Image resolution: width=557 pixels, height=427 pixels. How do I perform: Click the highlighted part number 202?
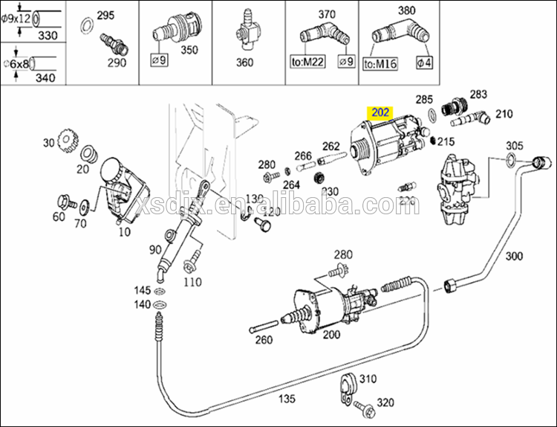380,113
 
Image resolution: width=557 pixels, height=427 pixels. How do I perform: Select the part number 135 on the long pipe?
286,399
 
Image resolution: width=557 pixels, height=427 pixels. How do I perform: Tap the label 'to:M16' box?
380,64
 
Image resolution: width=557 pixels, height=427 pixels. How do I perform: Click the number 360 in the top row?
244,62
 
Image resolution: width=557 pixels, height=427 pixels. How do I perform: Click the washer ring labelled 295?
86,29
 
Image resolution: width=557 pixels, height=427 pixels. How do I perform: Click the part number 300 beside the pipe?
513,256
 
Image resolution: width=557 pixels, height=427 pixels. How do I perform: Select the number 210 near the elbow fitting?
504,114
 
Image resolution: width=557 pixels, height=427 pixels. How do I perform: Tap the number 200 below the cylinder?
331,334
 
